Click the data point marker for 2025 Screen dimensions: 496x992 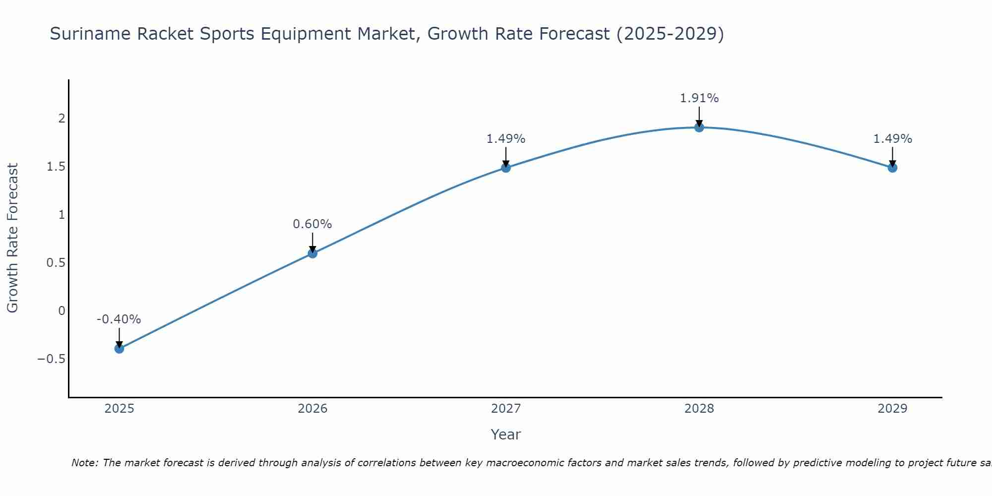[x=119, y=349]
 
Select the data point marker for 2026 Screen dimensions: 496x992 [x=312, y=253]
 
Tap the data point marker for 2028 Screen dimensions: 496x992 [x=699, y=127]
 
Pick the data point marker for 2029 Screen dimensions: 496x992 [x=892, y=168]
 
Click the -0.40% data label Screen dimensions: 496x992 [x=119, y=319]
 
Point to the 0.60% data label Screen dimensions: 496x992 [x=312, y=224]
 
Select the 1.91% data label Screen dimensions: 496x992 [x=699, y=98]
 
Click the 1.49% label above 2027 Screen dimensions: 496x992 [x=505, y=139]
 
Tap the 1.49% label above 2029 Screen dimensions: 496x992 [x=892, y=139]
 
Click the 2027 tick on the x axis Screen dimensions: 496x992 [x=505, y=409]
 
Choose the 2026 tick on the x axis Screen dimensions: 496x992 [x=312, y=409]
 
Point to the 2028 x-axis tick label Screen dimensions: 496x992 [x=699, y=409]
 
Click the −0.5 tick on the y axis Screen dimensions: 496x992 [x=52, y=359]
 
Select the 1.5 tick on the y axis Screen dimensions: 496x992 [x=56, y=167]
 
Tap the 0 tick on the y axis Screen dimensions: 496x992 [x=62, y=311]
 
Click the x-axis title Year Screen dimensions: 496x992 [x=505, y=435]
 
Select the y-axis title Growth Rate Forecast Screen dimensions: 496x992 [x=12, y=238]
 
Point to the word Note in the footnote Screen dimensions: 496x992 [x=85, y=463]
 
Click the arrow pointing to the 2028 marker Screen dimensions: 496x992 [x=699, y=117]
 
